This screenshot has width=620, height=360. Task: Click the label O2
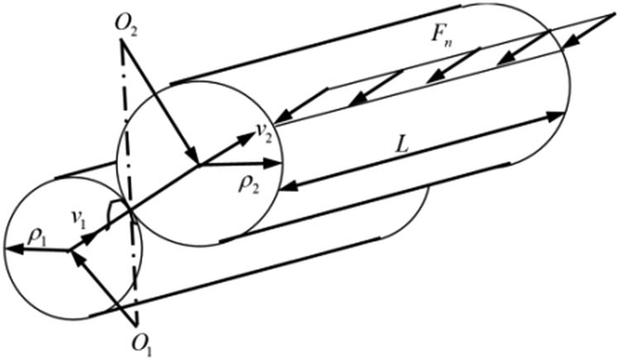(126, 26)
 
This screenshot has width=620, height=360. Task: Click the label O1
(143, 343)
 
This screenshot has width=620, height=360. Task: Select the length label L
(402, 147)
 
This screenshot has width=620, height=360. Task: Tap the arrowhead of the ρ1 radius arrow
(11, 248)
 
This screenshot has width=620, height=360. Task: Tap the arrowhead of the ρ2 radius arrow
(274, 163)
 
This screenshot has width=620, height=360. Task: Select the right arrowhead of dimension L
(555, 115)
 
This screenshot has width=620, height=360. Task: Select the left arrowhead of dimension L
(288, 185)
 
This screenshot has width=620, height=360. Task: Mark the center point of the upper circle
(199, 164)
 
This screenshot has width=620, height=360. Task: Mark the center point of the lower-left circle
(70, 251)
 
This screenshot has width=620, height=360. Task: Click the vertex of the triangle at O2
(121, 41)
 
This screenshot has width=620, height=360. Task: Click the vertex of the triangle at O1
(137, 326)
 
